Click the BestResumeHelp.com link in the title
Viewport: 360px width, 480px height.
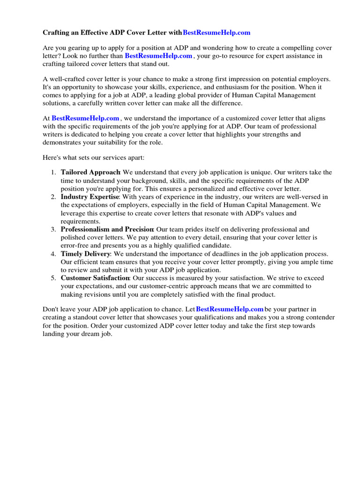pos(216,32)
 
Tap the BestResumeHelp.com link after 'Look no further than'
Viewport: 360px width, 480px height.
pos(158,55)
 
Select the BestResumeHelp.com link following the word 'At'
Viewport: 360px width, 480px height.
pos(86,119)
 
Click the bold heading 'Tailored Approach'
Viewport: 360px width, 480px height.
pos(91,172)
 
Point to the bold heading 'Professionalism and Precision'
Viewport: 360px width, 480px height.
pos(107,229)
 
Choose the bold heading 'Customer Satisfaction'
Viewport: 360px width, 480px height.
pos(95,278)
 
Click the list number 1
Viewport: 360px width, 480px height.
pos(53,172)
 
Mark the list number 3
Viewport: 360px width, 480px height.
pos(53,229)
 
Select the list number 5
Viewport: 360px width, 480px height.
pos(53,278)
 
